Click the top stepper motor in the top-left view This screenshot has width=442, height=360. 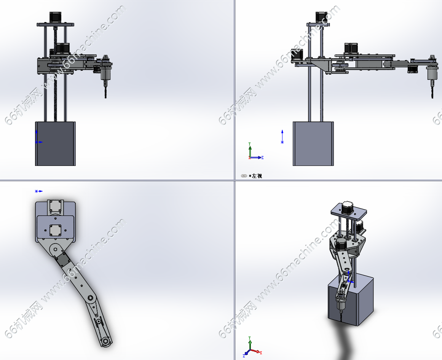tap(55, 18)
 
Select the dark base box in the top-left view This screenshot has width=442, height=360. tap(55, 144)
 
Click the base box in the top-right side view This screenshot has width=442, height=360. tap(313, 144)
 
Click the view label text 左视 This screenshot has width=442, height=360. tap(257, 176)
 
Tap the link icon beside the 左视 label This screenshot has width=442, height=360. tap(244, 176)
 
